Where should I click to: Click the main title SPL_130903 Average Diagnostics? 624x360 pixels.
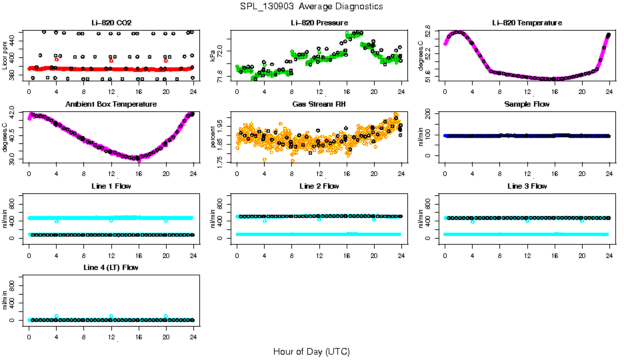[312, 6]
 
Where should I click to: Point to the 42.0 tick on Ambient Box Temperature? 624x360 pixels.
[13, 115]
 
